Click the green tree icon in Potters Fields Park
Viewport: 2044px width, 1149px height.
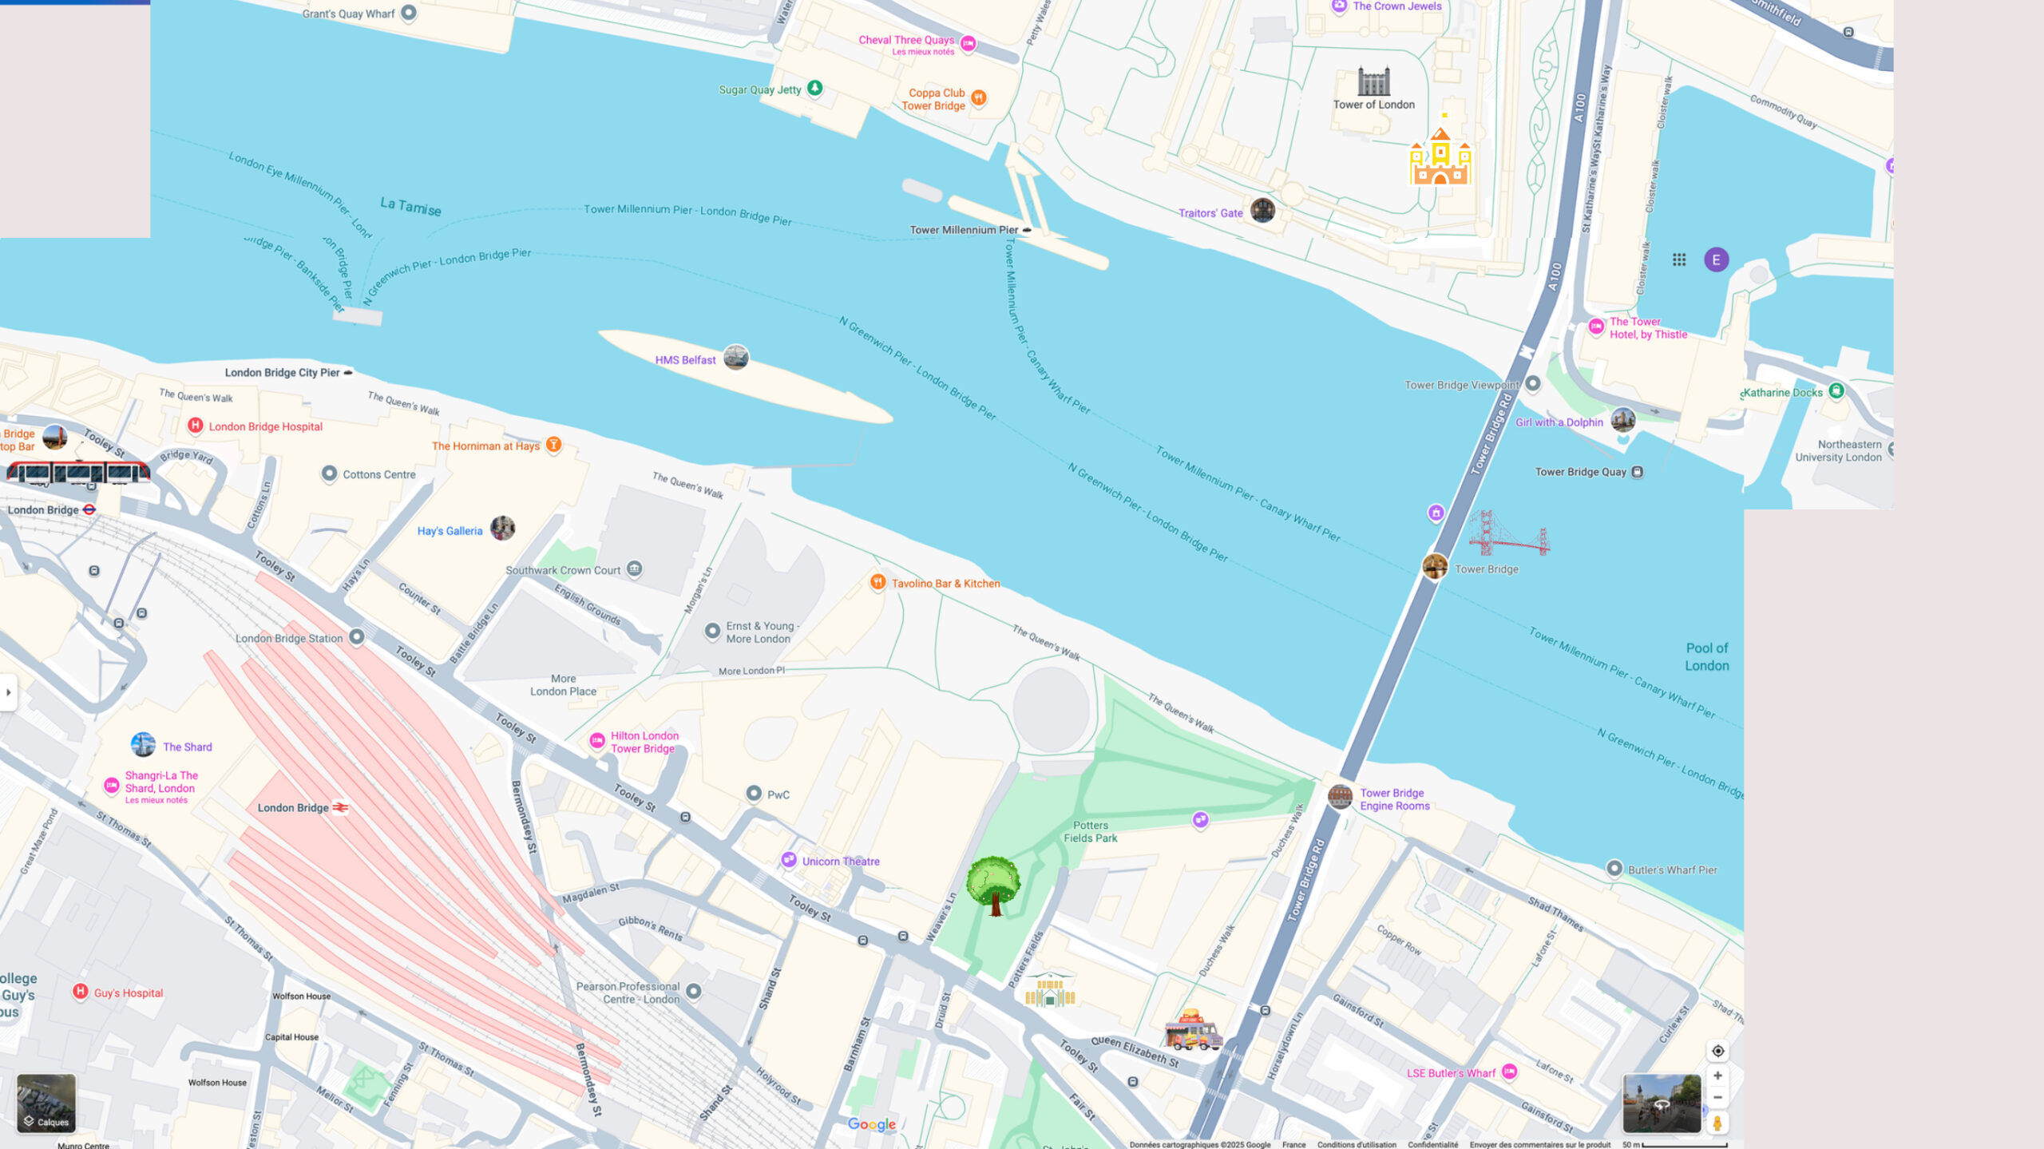point(993,885)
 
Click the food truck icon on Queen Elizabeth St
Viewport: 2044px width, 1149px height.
point(1193,1030)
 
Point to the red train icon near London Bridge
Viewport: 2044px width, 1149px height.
point(77,472)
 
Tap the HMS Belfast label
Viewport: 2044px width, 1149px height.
point(685,360)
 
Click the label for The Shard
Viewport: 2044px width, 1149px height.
point(187,747)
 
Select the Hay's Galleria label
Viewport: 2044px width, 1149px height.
point(450,531)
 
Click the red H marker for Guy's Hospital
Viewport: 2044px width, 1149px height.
point(80,992)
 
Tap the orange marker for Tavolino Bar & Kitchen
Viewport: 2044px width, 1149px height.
point(877,582)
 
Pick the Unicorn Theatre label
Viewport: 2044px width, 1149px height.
point(840,862)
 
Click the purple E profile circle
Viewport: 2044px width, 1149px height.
point(1716,260)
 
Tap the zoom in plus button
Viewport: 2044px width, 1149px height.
point(1717,1076)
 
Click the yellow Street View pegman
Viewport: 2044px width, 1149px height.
point(1717,1123)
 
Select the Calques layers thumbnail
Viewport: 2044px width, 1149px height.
point(46,1103)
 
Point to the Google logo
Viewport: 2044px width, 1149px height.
point(871,1124)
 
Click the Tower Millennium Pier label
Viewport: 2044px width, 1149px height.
point(964,230)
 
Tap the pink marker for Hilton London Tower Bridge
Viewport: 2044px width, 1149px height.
point(596,740)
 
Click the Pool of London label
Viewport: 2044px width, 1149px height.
point(1706,657)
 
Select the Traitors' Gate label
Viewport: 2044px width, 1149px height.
point(1210,213)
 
